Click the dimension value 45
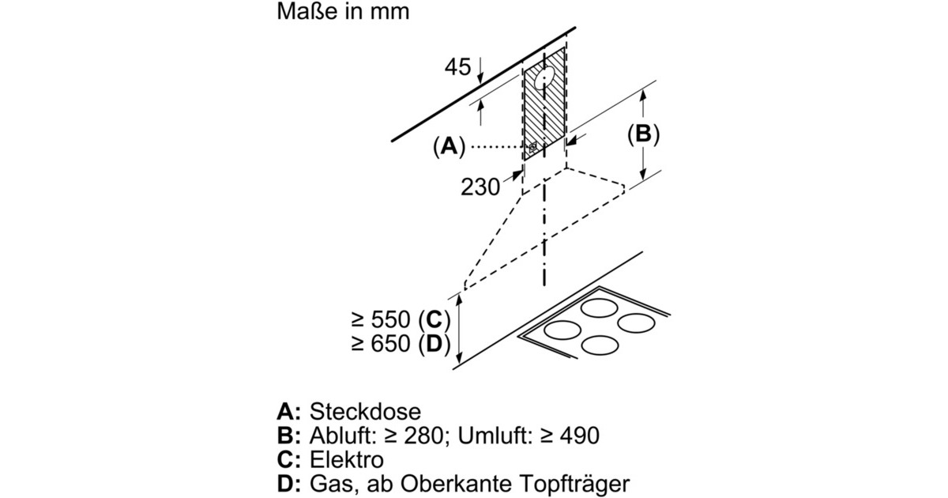pyautogui.click(x=457, y=68)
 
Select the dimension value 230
pyautogui.click(x=480, y=187)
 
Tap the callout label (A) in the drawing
pyautogui.click(x=448, y=146)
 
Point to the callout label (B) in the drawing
pyautogui.click(x=643, y=135)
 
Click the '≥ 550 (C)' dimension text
pyautogui.click(x=400, y=320)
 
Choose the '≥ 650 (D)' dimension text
pyautogui.click(x=400, y=345)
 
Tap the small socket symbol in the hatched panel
pyautogui.click(x=533, y=146)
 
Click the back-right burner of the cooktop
pyautogui.click(x=637, y=323)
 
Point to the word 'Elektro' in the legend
pyautogui.click(x=348, y=460)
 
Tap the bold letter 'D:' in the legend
pyautogui.click(x=289, y=484)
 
